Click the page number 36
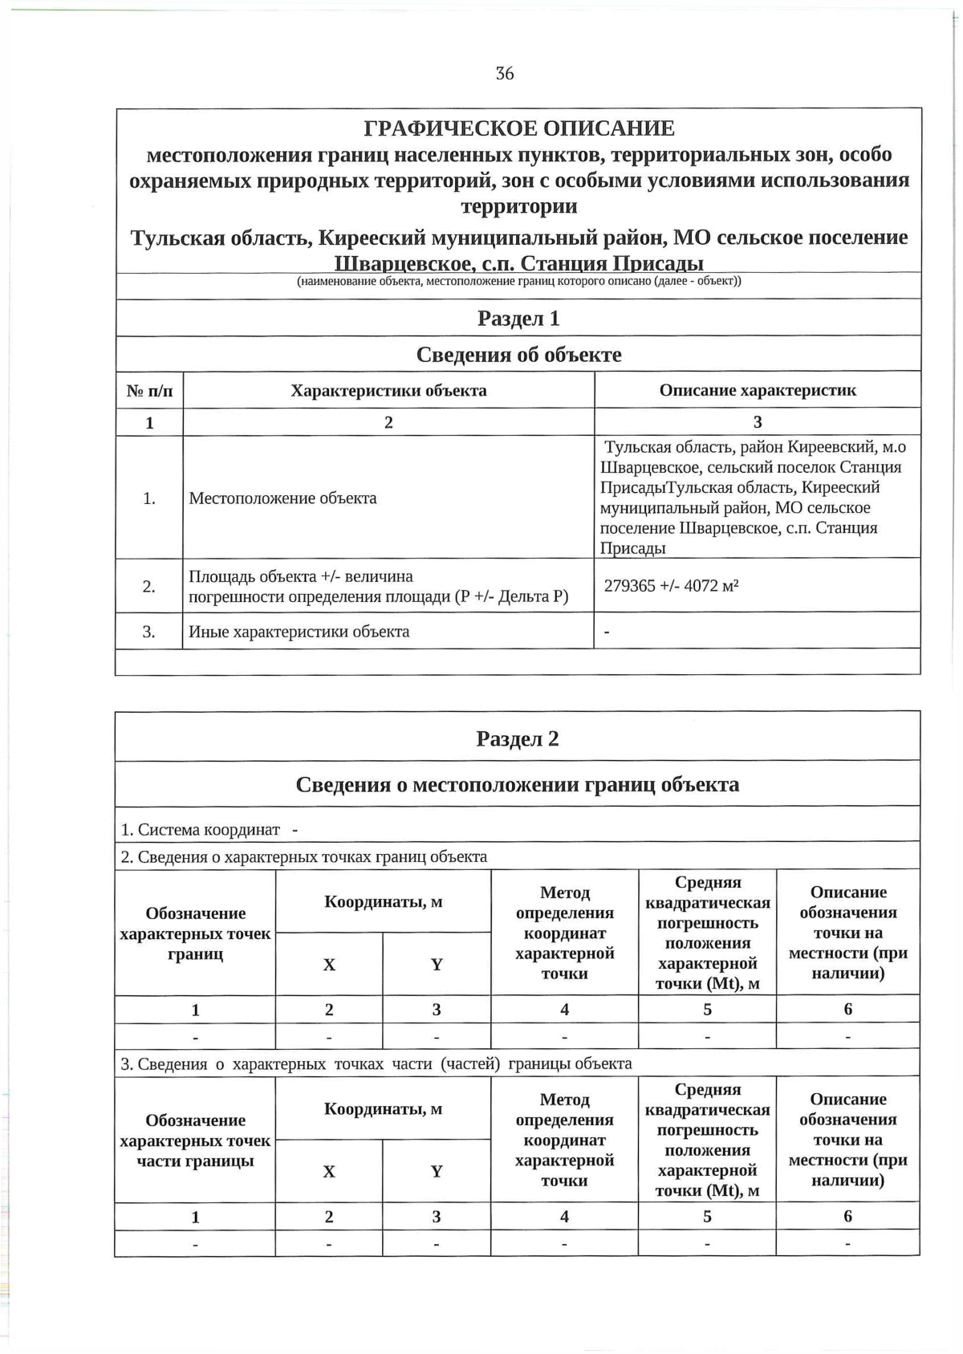tap(505, 74)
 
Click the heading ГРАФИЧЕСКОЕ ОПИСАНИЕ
tap(519, 128)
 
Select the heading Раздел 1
tap(518, 319)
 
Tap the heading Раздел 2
tap(518, 738)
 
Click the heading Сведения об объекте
tap(518, 355)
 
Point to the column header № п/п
tap(149, 391)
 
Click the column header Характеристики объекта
tap(388, 391)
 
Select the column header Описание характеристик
tap(757, 390)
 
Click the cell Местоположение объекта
tap(282, 498)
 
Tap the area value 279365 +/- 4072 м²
tap(671, 586)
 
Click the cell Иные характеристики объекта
tap(299, 632)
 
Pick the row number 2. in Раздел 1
tap(149, 587)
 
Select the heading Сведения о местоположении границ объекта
tap(518, 785)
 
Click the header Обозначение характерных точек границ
tap(195, 933)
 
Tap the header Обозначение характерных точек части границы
tap(195, 1141)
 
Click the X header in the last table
tap(329, 1172)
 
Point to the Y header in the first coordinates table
tap(437, 965)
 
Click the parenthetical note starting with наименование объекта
tap(518, 282)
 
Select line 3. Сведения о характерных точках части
tap(376, 1064)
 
